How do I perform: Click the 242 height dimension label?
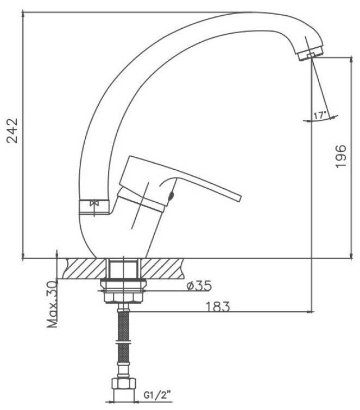13,131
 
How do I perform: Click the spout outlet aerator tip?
311,54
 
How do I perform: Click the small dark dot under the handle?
172,195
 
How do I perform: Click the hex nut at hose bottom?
124,386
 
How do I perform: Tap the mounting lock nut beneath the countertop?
124,293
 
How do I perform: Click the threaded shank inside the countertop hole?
124,268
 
